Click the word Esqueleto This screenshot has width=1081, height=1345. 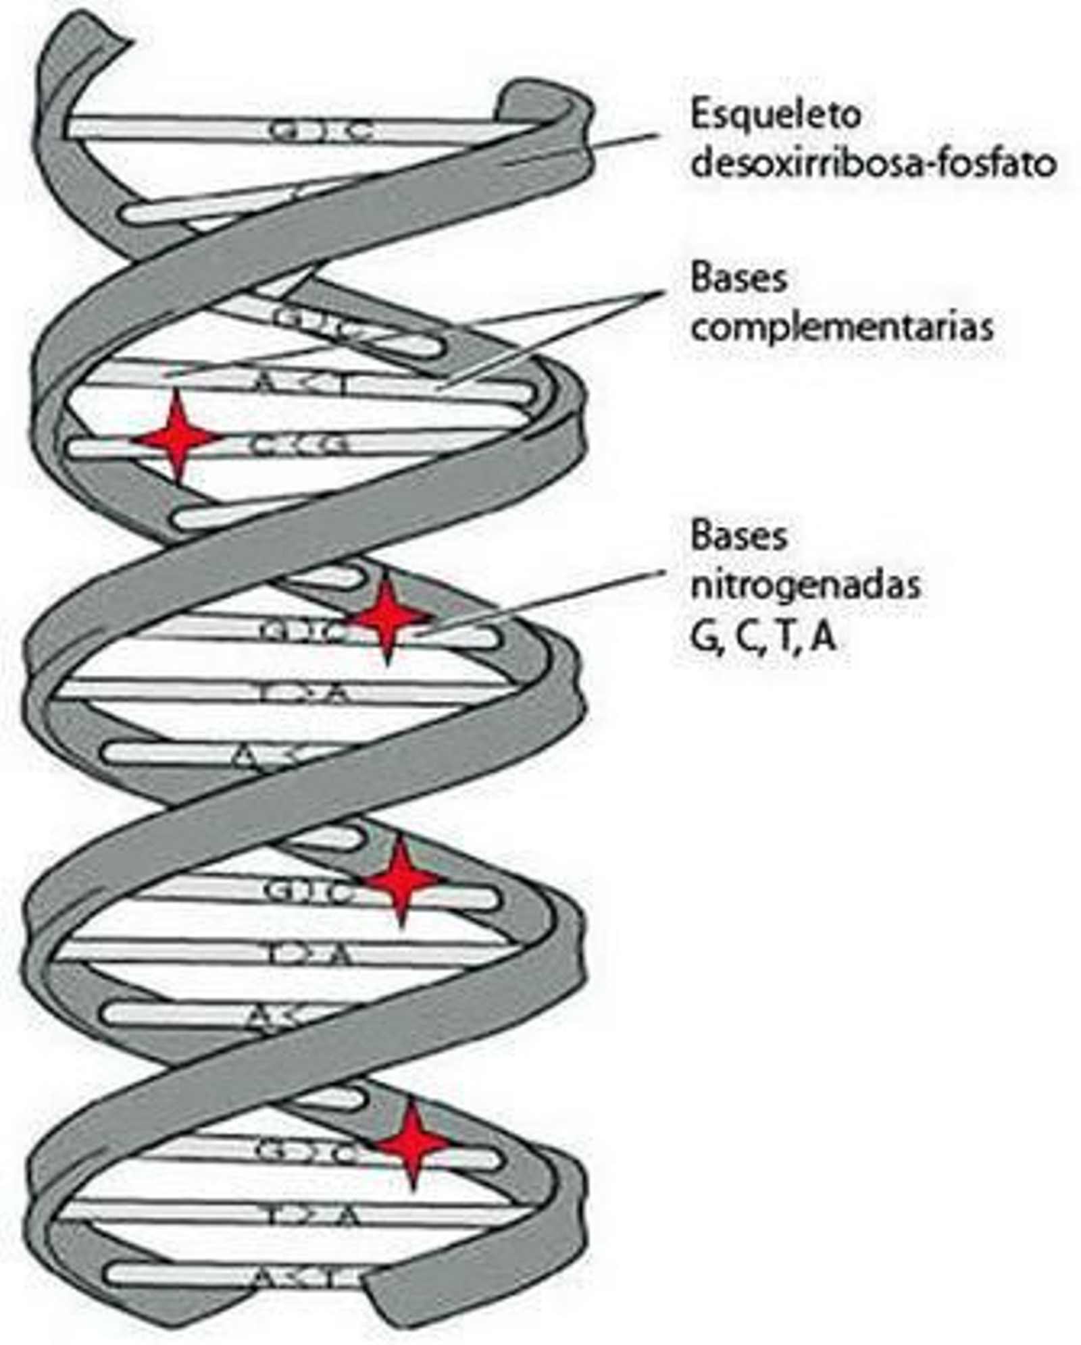click(775, 115)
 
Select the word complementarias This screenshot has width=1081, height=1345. click(842, 327)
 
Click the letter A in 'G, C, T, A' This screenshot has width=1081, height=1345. click(823, 637)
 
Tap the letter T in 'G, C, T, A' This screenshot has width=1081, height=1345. click(784, 637)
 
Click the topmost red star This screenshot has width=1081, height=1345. click(177, 438)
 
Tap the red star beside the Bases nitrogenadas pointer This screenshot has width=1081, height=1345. click(387, 618)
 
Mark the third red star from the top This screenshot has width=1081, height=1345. click(402, 880)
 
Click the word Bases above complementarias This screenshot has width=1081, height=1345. click(738, 278)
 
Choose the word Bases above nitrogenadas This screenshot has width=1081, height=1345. click(738, 537)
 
